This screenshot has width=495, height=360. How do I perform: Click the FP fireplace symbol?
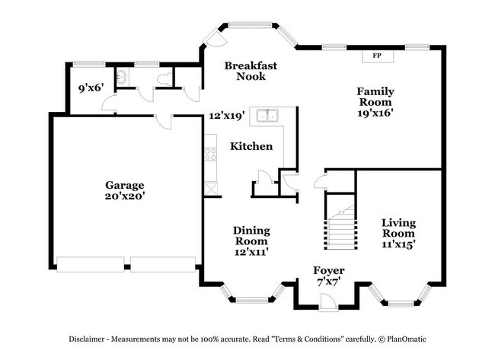coord(378,56)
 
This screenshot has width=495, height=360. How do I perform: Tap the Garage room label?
coord(125,185)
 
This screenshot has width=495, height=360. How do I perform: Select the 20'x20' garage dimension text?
coord(125,196)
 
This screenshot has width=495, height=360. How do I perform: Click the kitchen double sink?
coord(267,116)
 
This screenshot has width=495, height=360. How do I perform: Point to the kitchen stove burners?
coord(210,155)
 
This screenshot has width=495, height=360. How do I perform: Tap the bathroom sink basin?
coord(122,77)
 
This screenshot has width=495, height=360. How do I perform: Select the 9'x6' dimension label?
coord(91,88)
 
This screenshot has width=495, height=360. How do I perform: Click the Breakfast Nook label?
coord(251,71)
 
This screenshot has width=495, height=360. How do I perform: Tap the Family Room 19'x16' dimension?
coord(375,113)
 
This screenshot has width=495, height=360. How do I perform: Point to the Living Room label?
coord(398,228)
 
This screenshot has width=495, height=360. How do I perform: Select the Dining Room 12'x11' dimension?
coord(251,252)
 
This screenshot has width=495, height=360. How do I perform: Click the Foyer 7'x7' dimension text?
coord(329,282)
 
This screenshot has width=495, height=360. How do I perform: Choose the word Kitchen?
coord(251,146)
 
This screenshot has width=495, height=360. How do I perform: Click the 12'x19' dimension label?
coord(227,116)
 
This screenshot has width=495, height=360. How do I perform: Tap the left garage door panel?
coord(91,264)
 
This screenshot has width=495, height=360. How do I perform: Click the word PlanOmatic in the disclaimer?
coord(407,339)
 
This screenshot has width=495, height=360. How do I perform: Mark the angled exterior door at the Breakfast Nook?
coord(215,37)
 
